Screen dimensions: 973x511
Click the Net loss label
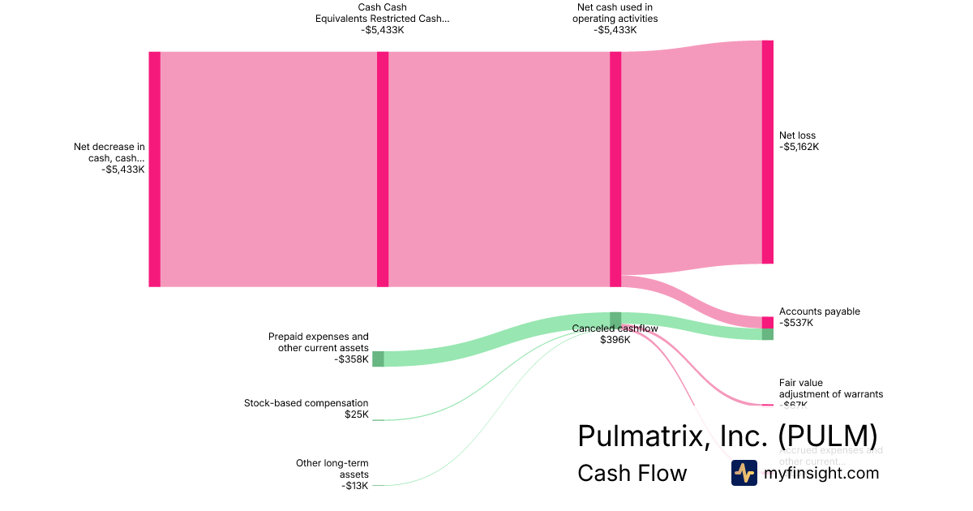point(798,141)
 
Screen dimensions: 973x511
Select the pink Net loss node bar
point(767,152)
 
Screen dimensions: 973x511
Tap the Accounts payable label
point(819,317)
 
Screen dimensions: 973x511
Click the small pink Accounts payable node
point(767,322)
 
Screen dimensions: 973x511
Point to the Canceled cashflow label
point(615,334)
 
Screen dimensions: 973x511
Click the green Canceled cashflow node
point(615,319)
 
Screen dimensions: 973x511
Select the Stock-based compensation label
point(306,409)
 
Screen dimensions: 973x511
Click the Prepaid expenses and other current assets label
point(318,348)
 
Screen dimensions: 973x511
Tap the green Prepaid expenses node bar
point(378,359)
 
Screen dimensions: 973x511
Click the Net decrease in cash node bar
point(154,169)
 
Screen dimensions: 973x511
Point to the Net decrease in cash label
point(109,158)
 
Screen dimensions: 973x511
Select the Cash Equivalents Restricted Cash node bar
point(383,169)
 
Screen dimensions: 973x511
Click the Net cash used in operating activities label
point(615,19)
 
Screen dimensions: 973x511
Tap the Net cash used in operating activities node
point(615,169)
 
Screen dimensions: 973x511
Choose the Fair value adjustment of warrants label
point(830,389)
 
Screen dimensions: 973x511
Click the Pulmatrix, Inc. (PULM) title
point(727,436)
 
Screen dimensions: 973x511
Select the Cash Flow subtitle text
point(632,473)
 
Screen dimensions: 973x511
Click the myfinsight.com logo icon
point(744,473)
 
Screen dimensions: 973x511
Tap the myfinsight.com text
point(821,473)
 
